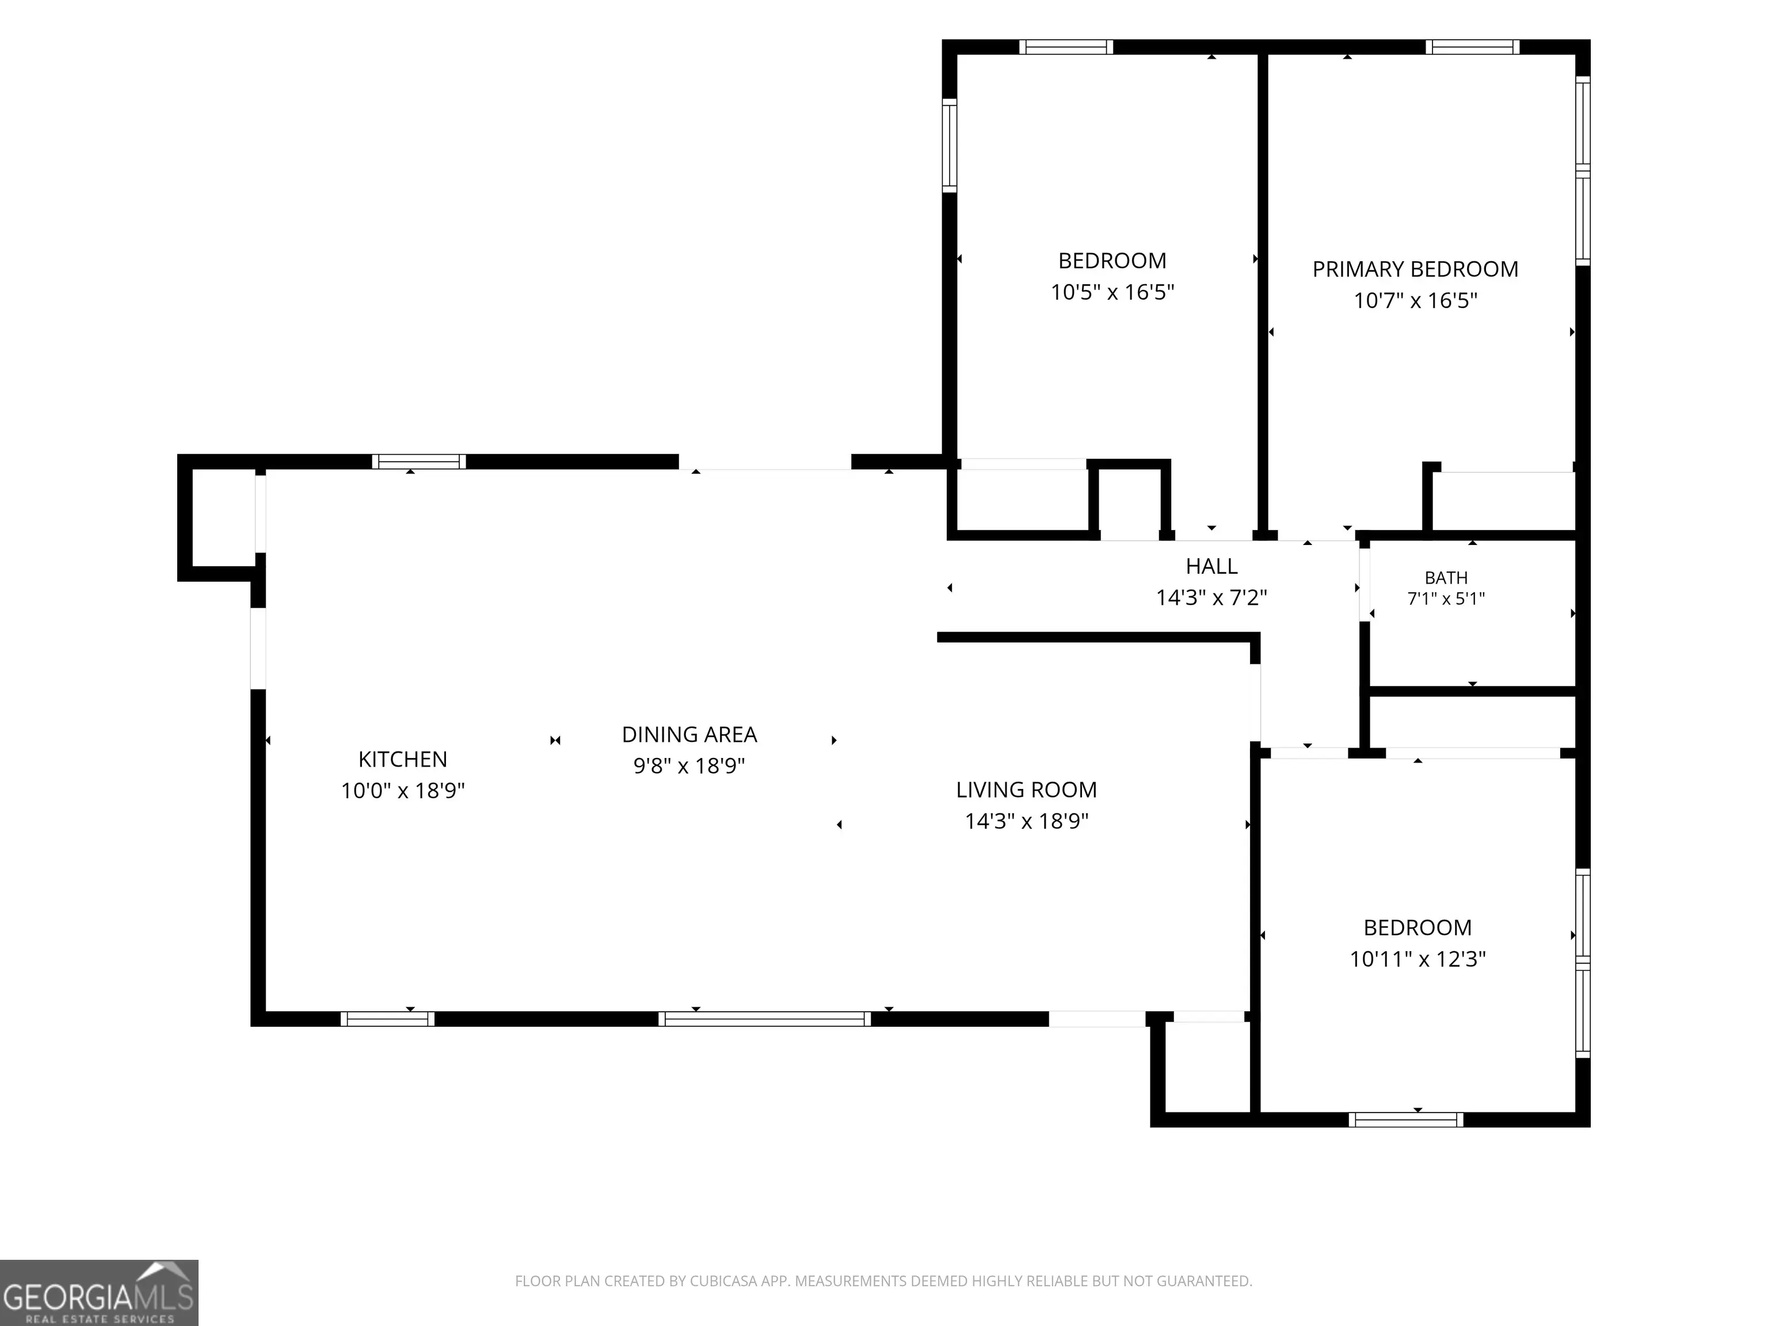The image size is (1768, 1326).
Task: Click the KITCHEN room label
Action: [403, 759]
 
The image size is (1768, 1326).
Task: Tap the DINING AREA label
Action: [689, 734]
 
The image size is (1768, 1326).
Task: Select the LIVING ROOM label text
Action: [1026, 789]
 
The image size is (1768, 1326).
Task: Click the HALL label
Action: [1211, 566]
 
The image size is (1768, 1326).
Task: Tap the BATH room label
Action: [1446, 577]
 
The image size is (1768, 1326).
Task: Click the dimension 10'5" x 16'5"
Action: [1112, 292]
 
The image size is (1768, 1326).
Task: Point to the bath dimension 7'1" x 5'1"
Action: [1446, 598]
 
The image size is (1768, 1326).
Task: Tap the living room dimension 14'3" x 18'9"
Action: [1026, 820]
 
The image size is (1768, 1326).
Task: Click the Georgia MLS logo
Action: [99, 1293]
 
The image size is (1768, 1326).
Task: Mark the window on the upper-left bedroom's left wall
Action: [950, 146]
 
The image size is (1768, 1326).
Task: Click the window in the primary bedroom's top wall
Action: [1472, 47]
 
